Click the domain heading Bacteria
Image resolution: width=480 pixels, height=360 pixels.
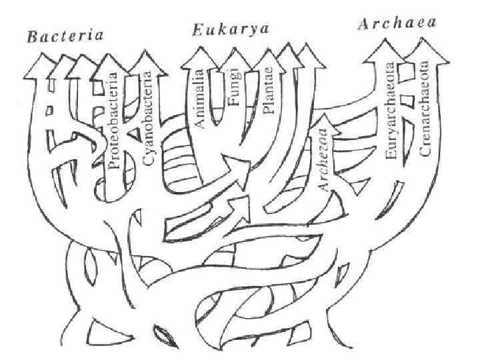pos(65,35)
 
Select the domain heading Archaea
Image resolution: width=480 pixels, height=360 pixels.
pos(397,25)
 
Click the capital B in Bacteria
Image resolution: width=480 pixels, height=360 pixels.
pos(32,37)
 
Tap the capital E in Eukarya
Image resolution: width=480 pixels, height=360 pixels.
pos(198,30)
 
